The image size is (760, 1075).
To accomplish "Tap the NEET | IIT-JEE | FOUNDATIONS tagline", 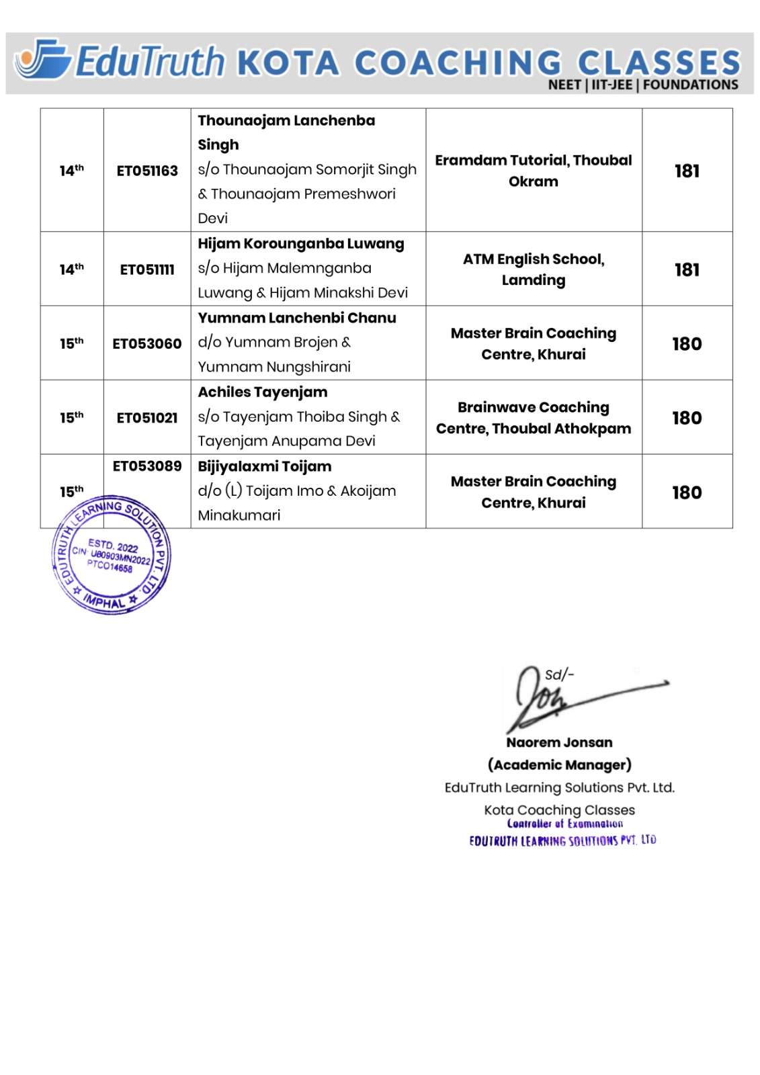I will [x=642, y=85].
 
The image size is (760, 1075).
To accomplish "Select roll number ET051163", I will [x=147, y=171].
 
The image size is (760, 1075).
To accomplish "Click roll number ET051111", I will [x=147, y=269].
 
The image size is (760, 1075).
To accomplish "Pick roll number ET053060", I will [x=147, y=343].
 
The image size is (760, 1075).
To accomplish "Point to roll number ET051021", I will [x=147, y=417].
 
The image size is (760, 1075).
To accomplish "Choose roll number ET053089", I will [x=147, y=466].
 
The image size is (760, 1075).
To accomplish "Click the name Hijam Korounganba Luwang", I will [x=300, y=244].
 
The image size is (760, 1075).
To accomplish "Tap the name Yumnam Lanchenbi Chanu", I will [x=296, y=318].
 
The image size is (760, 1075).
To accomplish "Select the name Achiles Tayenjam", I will [x=262, y=392].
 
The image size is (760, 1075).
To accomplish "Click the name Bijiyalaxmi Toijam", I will [x=264, y=466].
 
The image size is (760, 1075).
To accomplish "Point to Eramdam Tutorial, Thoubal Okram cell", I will [x=533, y=171].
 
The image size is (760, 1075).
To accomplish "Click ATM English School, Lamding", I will [x=533, y=269].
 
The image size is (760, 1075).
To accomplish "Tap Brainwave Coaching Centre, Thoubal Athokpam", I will [x=533, y=417].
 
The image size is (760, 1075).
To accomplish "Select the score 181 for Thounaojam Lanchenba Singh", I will [x=687, y=171].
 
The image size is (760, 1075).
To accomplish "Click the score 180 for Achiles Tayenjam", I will [x=687, y=417].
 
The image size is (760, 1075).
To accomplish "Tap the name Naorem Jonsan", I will [x=559, y=742].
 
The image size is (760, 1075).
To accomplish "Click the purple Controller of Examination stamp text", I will [x=564, y=824].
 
